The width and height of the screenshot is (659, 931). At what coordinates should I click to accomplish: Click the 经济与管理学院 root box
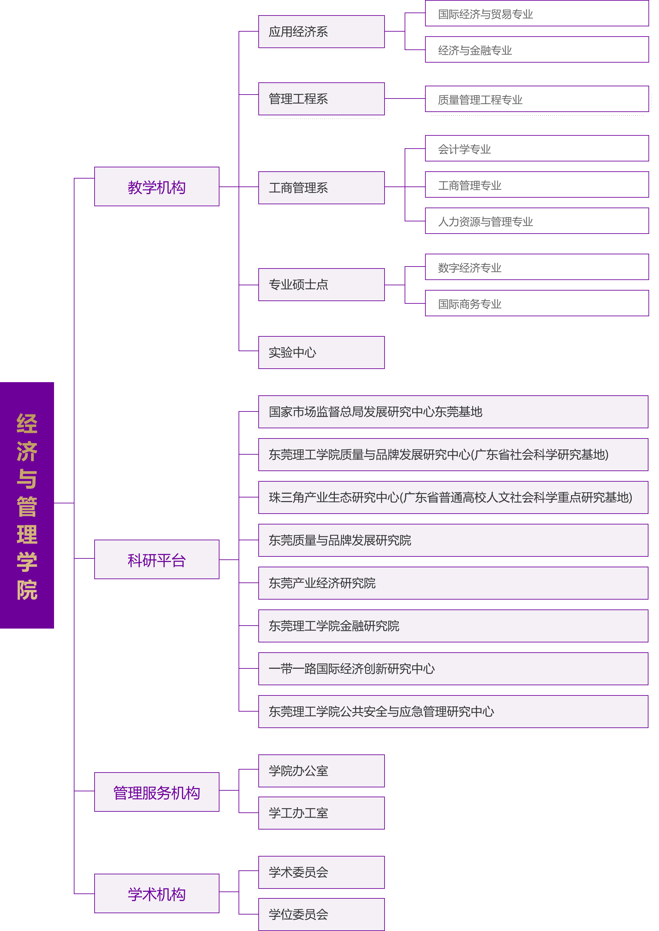click(27, 505)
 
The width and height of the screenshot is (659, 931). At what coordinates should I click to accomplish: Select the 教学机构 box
click(157, 186)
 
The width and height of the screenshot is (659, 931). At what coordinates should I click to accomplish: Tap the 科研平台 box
click(157, 559)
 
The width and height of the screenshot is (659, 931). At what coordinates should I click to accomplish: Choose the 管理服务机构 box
click(157, 792)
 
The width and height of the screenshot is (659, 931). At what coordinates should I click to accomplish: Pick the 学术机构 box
click(157, 893)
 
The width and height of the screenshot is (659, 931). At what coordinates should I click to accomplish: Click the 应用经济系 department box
click(321, 32)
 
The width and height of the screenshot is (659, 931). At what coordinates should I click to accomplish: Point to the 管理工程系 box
click(321, 99)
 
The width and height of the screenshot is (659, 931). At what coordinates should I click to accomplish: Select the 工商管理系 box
click(321, 188)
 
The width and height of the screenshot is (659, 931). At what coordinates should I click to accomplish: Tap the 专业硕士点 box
click(321, 285)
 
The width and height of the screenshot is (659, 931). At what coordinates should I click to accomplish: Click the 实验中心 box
click(321, 353)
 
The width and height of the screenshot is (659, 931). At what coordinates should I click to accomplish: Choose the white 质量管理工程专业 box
click(536, 99)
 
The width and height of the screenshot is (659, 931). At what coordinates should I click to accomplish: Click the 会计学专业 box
click(536, 149)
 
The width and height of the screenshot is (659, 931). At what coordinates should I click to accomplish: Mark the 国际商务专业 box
click(536, 303)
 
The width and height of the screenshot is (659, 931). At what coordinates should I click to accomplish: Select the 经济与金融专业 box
click(536, 50)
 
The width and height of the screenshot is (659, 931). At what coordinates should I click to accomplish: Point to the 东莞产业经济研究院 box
click(453, 583)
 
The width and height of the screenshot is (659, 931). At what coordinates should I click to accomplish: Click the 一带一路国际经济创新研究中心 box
click(453, 668)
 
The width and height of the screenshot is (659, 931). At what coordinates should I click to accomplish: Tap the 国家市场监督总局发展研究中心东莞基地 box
click(453, 412)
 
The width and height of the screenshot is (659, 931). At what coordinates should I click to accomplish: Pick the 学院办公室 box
click(321, 771)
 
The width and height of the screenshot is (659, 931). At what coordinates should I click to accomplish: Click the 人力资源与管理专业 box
click(536, 221)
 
